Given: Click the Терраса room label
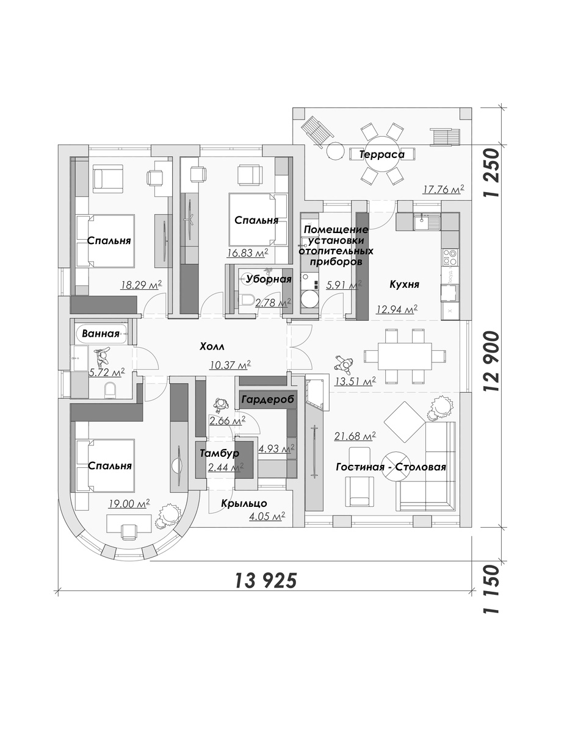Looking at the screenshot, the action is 381,154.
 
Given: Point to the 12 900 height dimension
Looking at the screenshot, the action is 490,361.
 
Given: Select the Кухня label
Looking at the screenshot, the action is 404,284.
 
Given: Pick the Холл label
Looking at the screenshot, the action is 212,346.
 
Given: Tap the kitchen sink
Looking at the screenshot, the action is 427,222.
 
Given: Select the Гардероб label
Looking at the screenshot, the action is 268,399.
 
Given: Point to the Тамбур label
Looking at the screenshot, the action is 219,453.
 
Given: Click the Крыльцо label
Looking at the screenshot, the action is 244,503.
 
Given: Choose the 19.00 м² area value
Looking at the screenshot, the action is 129,504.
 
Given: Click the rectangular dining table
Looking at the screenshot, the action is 405,356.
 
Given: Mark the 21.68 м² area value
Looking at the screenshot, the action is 355,436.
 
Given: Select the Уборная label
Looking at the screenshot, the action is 269,279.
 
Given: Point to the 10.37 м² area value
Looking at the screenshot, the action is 230,365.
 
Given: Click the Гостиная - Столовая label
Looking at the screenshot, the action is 391,467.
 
